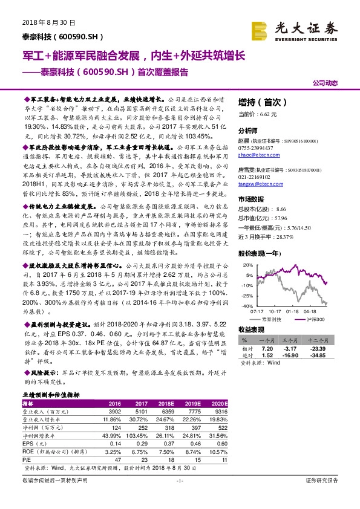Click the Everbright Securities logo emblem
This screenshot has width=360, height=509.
click(261, 28)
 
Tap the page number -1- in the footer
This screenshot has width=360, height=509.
click(179, 497)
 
